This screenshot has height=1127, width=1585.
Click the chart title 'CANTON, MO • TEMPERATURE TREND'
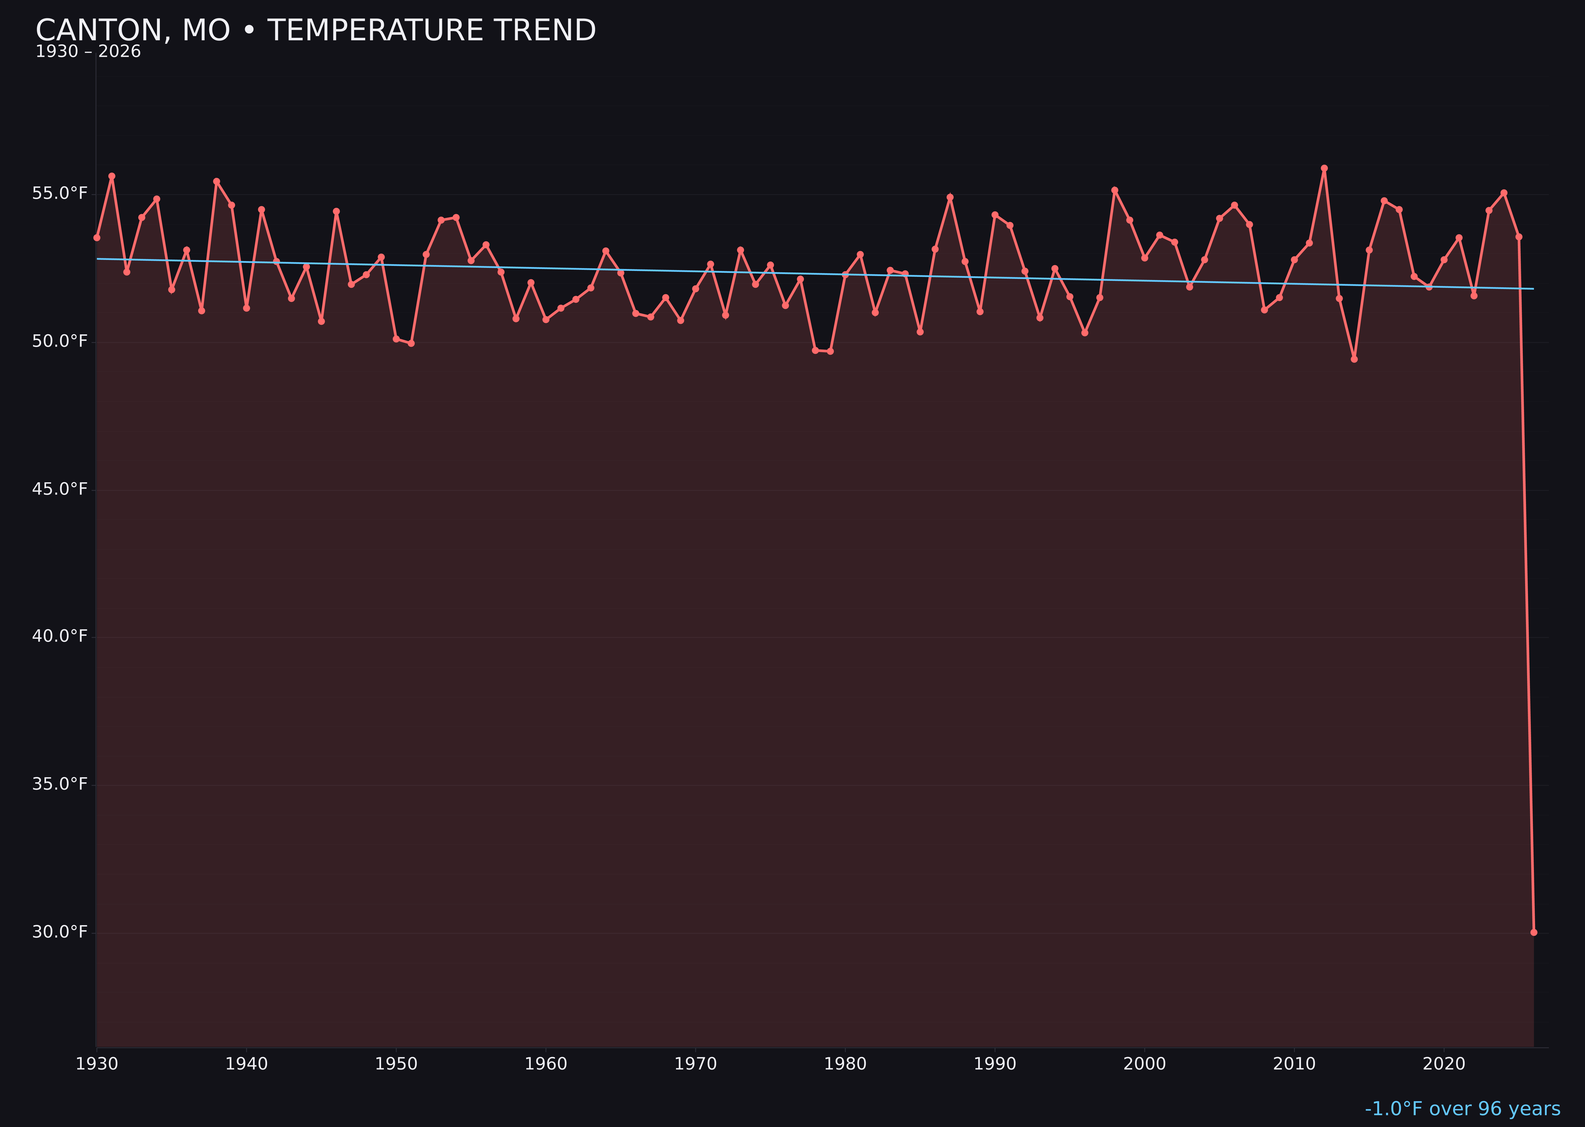pyautogui.click(x=316, y=31)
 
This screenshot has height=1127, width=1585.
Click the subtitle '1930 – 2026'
pyautogui.click(x=88, y=52)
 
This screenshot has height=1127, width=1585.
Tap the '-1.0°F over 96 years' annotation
pyautogui.click(x=1462, y=1108)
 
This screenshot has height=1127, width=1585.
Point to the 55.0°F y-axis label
pyautogui.click(x=60, y=193)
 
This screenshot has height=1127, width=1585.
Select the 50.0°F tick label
pyautogui.click(x=60, y=342)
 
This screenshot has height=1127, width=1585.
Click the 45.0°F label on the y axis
pyautogui.click(x=60, y=489)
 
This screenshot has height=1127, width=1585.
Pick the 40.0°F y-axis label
pyautogui.click(x=60, y=636)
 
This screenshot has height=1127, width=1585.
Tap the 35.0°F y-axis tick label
pyautogui.click(x=60, y=784)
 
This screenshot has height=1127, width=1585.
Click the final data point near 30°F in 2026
pyautogui.click(x=1533, y=932)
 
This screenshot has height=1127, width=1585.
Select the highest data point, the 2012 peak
pyautogui.click(x=1324, y=168)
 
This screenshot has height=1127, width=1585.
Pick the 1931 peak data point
pyautogui.click(x=112, y=176)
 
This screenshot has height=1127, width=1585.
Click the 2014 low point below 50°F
pyautogui.click(x=1354, y=359)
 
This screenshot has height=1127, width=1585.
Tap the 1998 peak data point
pyautogui.click(x=1115, y=190)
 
